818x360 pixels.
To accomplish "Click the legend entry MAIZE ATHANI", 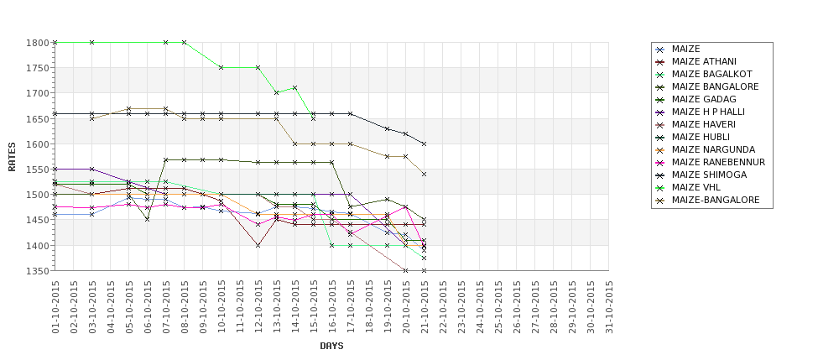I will [x=704, y=61].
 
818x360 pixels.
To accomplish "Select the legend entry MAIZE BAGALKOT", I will [x=710, y=74].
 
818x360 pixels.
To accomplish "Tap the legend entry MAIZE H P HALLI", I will [x=708, y=112].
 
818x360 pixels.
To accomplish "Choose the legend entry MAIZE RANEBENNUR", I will [x=718, y=162].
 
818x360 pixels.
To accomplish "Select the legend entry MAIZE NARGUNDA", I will [x=713, y=149].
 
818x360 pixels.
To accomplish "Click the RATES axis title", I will [x=12, y=156].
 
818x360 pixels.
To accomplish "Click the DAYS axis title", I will [x=331, y=346].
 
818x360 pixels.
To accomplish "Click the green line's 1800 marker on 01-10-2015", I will [x=55, y=42].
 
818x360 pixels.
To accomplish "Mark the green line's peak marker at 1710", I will [x=295, y=87].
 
